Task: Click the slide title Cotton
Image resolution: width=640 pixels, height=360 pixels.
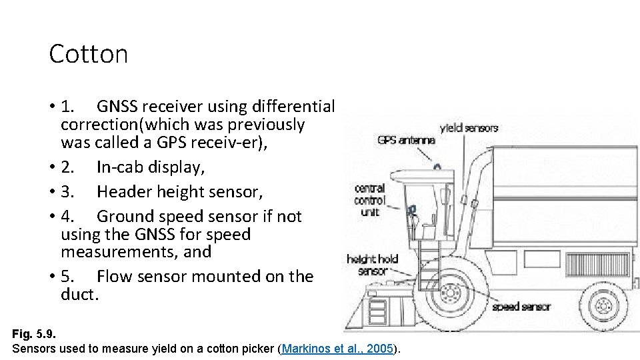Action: pyautogui.click(x=88, y=54)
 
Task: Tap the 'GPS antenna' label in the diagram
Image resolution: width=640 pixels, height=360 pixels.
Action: pyautogui.click(x=406, y=140)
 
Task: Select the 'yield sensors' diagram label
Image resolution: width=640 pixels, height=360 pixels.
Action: pyautogui.click(x=469, y=128)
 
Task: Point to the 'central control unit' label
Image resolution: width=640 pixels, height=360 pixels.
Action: pyautogui.click(x=370, y=200)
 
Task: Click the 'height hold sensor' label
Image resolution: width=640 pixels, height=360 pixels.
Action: pyautogui.click(x=372, y=265)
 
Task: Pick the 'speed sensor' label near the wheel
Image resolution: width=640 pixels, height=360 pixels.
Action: pyautogui.click(x=521, y=307)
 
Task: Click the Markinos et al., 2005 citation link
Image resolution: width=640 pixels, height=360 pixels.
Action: pyautogui.click(x=338, y=349)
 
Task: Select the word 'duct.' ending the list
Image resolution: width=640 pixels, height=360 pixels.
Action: pyautogui.click(x=79, y=294)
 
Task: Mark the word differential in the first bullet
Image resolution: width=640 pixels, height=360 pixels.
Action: pyautogui.click(x=293, y=107)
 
